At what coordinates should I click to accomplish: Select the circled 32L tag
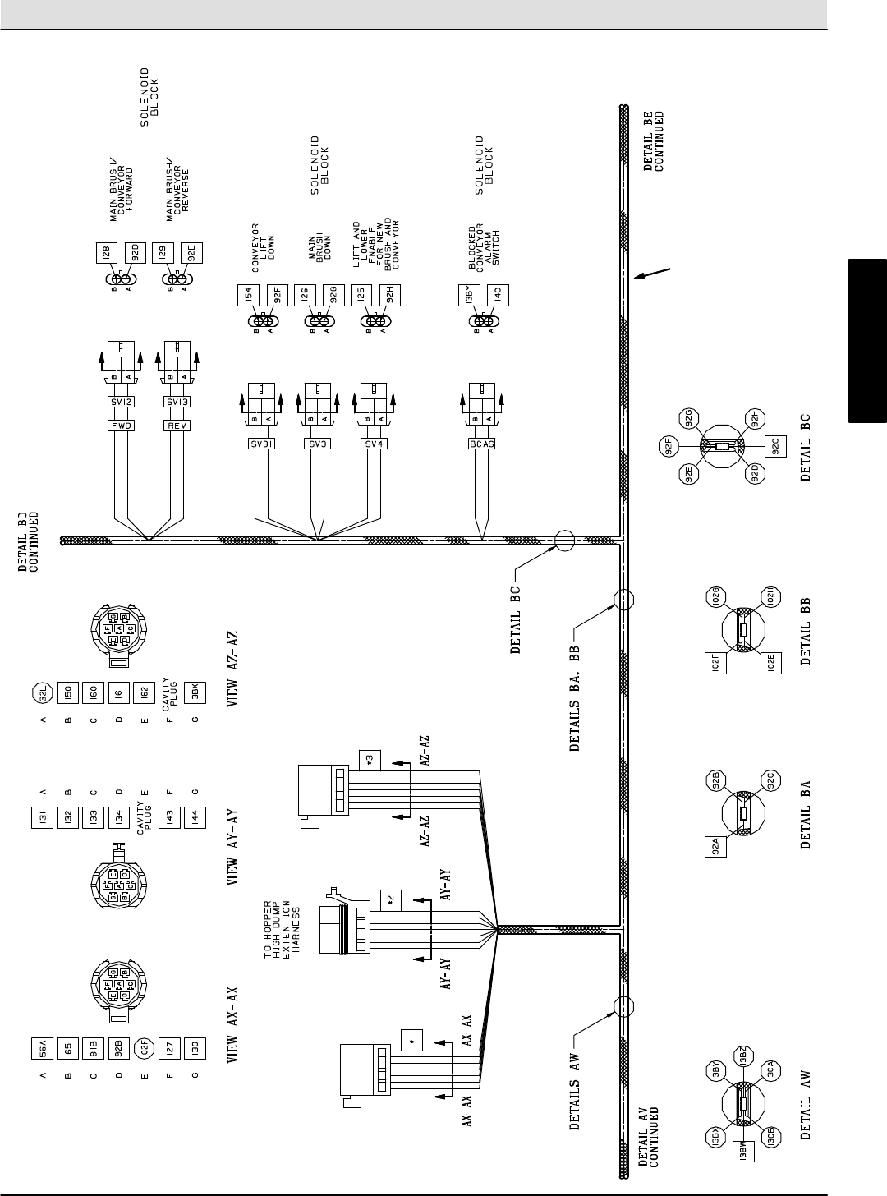click(x=42, y=695)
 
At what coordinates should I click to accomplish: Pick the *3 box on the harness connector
click(x=369, y=757)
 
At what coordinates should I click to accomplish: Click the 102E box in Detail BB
click(x=773, y=660)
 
